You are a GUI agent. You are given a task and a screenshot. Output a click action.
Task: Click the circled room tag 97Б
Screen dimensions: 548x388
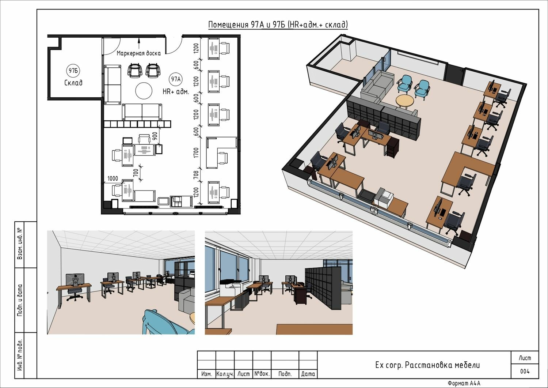tap(73, 71)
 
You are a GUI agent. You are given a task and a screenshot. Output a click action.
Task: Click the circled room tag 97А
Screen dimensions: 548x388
tap(176, 79)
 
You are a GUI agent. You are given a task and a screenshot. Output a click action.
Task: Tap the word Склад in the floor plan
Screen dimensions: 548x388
tap(73, 83)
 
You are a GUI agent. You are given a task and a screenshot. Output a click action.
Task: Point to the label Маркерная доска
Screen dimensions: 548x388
tap(139, 53)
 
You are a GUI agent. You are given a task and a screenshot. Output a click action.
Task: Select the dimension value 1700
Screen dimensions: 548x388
tap(196, 152)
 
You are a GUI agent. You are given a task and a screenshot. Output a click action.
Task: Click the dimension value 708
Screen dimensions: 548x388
tap(196, 175)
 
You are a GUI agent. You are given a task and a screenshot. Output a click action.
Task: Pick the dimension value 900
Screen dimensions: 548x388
tap(155, 136)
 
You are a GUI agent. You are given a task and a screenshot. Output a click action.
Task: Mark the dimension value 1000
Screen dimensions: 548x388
tap(113, 178)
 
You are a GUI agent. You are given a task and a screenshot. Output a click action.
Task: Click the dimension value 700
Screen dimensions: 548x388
tap(136, 173)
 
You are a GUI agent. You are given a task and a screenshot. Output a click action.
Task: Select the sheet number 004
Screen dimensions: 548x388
tap(525, 371)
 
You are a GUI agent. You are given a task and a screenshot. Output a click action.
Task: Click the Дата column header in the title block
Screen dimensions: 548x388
tap(308, 374)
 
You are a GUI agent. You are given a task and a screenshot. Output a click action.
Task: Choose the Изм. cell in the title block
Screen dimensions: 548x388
tap(206, 374)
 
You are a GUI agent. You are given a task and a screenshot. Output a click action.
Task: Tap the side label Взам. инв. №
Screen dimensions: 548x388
tap(20, 244)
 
